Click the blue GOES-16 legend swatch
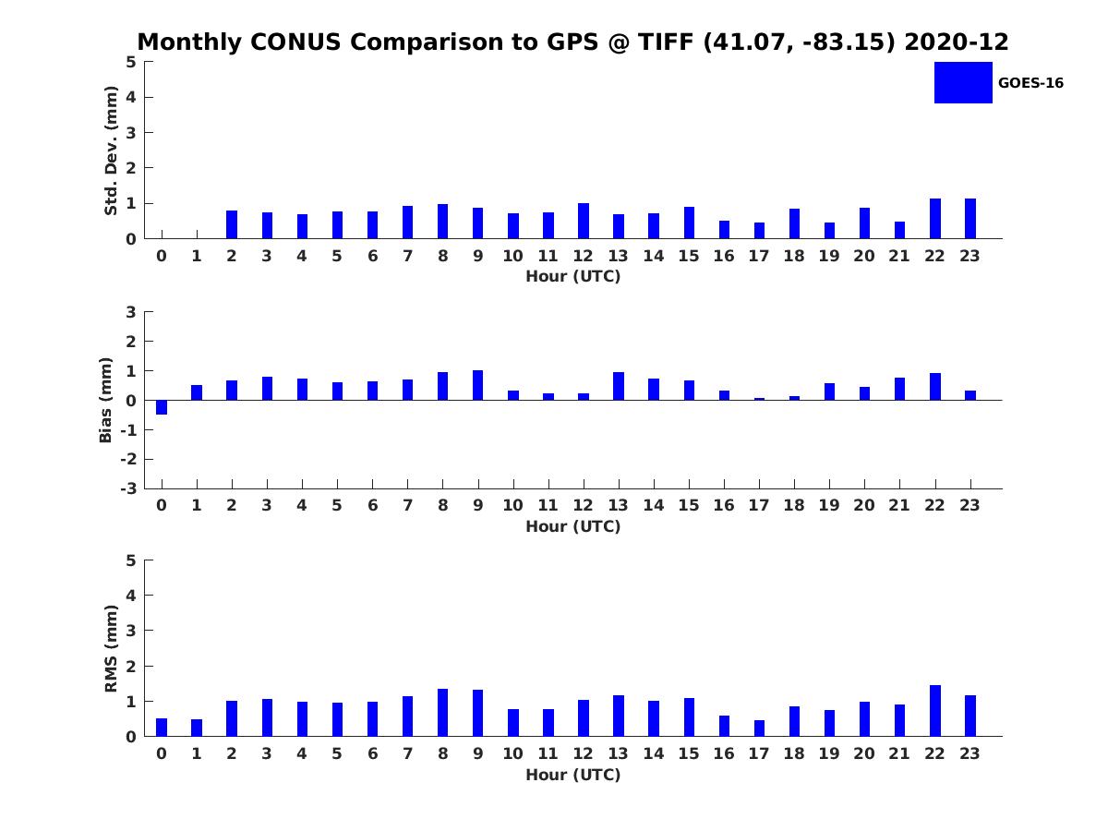[x=963, y=83]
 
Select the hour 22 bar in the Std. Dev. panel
[x=934, y=219]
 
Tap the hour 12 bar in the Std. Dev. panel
[x=583, y=221]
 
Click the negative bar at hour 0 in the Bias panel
[x=162, y=407]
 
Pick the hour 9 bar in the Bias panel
[x=477, y=385]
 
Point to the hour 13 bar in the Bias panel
[x=619, y=387]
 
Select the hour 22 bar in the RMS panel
[x=934, y=711]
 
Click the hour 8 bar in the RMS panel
[x=442, y=713]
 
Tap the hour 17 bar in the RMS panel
[x=759, y=729]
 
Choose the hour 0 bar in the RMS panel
[x=162, y=728]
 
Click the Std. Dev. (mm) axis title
[x=111, y=151]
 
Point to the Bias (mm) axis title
[x=105, y=400]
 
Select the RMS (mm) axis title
[x=111, y=648]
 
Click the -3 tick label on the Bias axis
[x=128, y=488]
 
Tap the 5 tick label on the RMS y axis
[x=131, y=560]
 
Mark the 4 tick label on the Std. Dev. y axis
[x=131, y=97]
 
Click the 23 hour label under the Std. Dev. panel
[x=969, y=257]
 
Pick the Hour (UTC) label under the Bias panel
[x=573, y=526]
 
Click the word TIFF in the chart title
[x=666, y=42]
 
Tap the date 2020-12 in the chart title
[x=956, y=42]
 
